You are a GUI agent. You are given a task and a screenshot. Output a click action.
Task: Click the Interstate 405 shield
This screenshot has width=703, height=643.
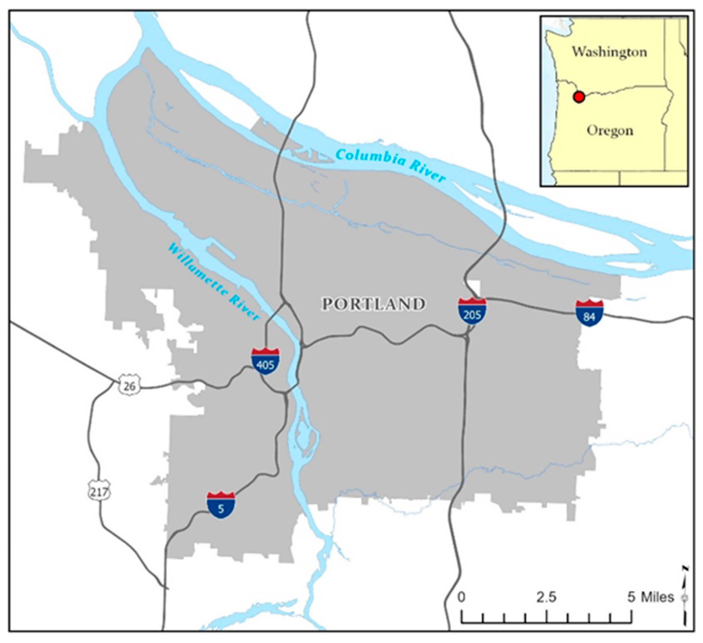point(266,361)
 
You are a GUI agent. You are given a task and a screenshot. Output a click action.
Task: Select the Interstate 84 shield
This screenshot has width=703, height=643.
point(589,313)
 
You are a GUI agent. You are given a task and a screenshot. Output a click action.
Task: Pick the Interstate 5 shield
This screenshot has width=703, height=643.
point(221,505)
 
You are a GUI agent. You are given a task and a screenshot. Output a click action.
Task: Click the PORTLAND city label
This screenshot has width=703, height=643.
point(373,304)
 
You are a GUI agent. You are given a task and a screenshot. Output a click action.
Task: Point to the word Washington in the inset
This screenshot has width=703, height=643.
point(609,52)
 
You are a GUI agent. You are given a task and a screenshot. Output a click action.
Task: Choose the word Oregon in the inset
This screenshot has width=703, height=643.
point(609,131)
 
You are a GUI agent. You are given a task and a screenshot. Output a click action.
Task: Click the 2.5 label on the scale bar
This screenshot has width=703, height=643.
point(547,597)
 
